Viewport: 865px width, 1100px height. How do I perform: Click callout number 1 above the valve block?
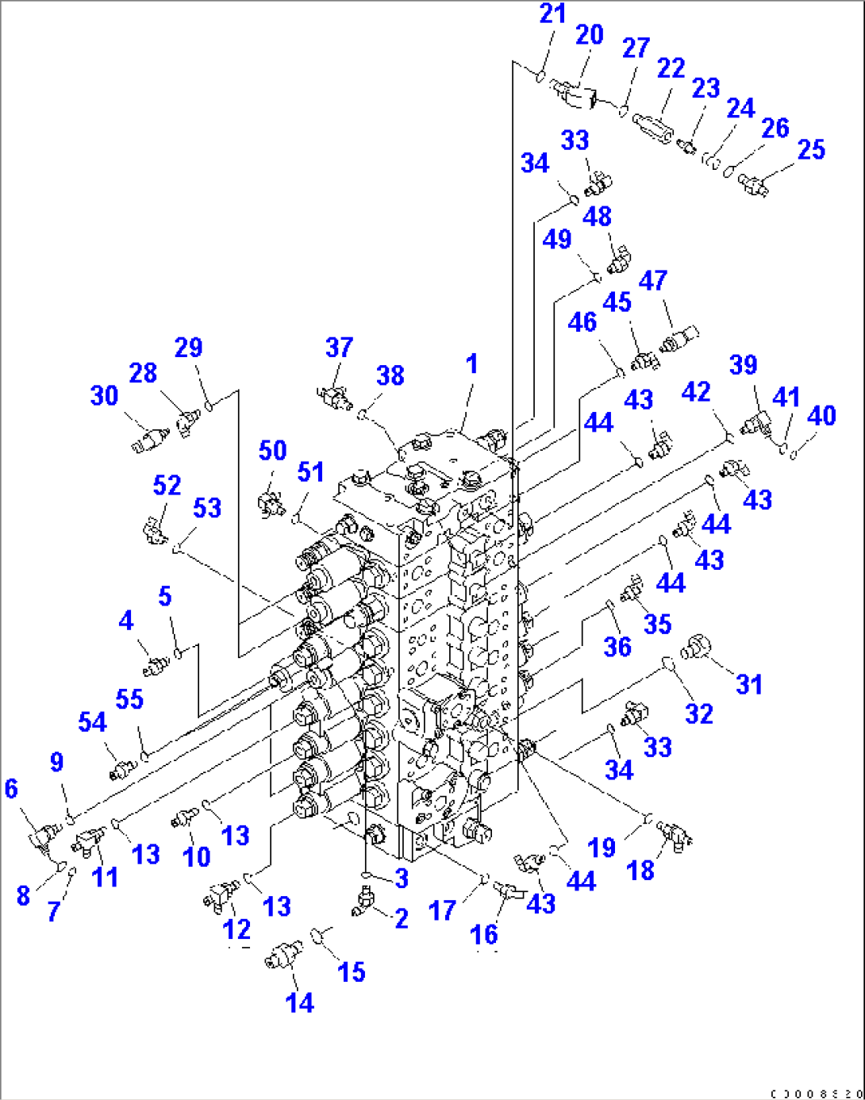click(x=472, y=364)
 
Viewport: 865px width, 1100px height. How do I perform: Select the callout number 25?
click(x=811, y=149)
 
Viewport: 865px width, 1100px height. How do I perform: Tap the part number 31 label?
click(x=749, y=684)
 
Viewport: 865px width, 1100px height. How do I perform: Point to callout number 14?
click(x=299, y=1002)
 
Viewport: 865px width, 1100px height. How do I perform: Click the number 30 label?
click(x=105, y=395)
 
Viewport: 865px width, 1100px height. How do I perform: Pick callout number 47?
click(x=653, y=280)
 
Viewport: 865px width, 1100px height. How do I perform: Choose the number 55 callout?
click(x=129, y=699)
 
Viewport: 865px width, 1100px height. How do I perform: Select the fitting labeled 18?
click(x=673, y=833)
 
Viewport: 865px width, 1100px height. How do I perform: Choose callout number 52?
click(x=167, y=485)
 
